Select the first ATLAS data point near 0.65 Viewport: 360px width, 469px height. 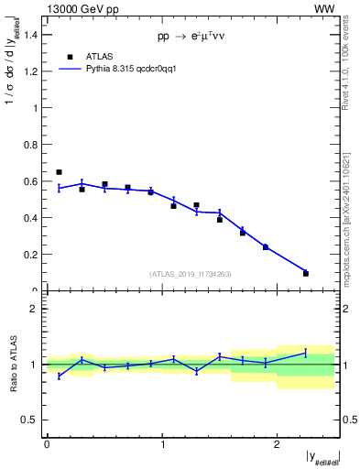pyautogui.click(x=59, y=172)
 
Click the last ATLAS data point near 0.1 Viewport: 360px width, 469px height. pyautogui.click(x=306, y=273)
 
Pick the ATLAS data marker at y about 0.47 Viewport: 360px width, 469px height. pyautogui.click(x=196, y=205)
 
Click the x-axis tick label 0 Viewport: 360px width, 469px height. pyautogui.click(x=47, y=444)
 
